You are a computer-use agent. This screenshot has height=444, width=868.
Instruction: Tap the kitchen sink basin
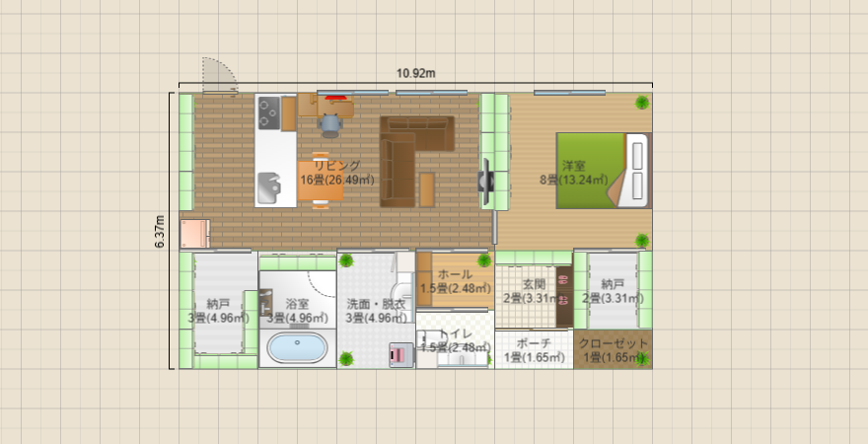269,185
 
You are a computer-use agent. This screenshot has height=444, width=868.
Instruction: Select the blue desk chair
330,123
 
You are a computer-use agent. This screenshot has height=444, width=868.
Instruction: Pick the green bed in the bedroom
592,171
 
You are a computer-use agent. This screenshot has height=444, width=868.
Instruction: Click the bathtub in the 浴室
297,348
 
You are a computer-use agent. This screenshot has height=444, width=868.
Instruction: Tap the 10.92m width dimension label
416,73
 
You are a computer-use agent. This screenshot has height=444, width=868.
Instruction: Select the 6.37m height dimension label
160,232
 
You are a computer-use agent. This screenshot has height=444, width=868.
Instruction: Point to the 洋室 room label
574,165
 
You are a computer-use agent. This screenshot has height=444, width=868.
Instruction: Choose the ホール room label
455,274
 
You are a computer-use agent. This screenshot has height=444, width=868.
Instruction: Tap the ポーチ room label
534,343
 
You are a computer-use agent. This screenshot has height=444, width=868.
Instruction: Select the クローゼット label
614,343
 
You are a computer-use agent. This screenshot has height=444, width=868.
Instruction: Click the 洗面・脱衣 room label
375,304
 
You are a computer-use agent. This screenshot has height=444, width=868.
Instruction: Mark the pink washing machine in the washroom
399,353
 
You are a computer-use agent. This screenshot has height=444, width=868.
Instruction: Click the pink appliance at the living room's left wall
194,233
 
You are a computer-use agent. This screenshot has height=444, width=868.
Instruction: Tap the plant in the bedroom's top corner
642,101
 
